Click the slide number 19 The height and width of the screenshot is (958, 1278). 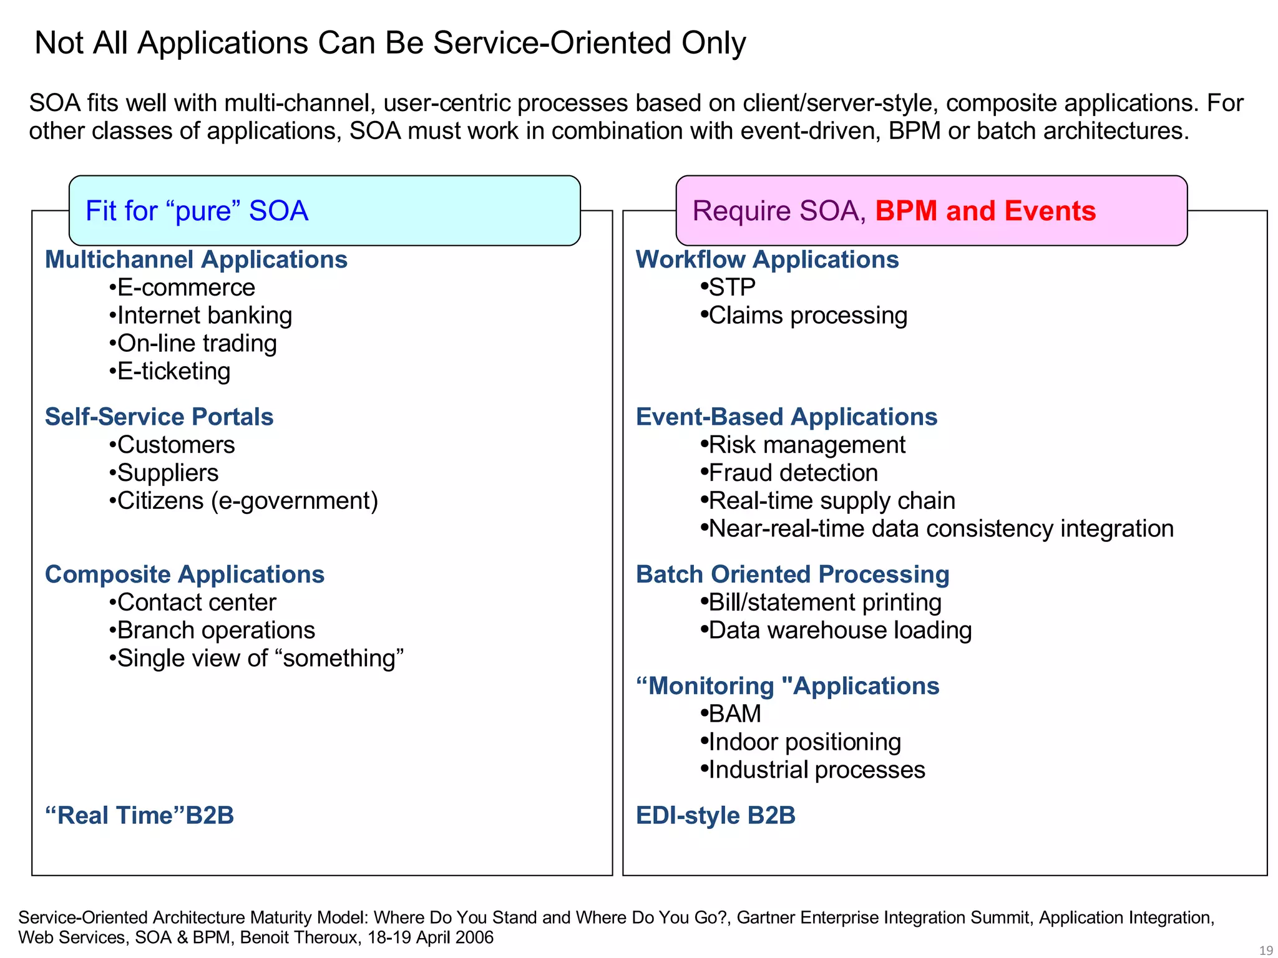coord(1266,951)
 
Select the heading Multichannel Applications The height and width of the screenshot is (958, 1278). coord(196,259)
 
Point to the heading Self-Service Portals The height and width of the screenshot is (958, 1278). coord(159,417)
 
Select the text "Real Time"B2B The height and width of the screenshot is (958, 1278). coord(139,816)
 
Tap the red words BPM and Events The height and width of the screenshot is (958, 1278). coord(985,211)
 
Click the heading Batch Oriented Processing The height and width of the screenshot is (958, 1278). coord(793,574)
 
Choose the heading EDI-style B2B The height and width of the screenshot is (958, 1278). coord(716,816)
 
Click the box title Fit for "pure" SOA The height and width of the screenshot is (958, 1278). coord(197,211)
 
